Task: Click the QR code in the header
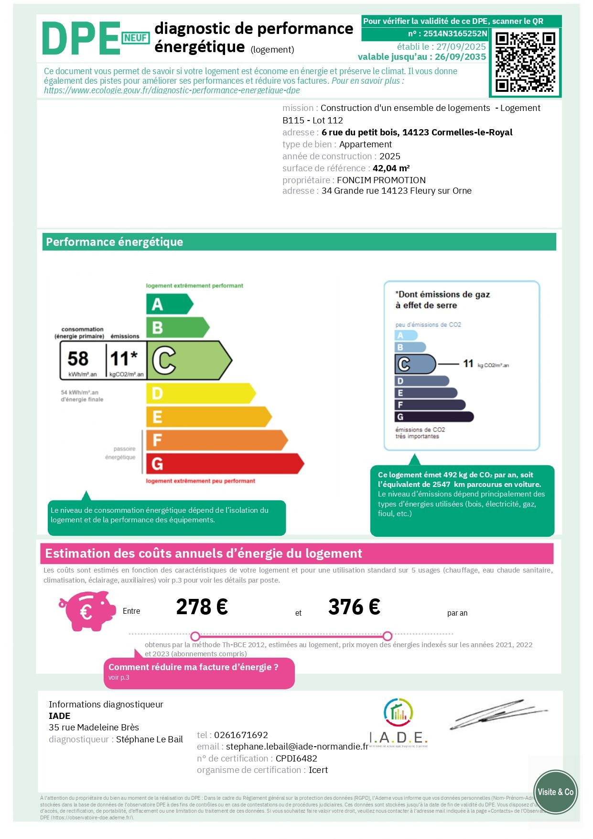click(x=525, y=62)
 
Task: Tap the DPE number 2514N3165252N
click(x=455, y=33)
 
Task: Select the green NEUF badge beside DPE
click(x=136, y=38)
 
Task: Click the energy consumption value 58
click(x=78, y=358)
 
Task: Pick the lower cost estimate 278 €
click(x=202, y=607)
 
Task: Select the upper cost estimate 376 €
click(x=354, y=607)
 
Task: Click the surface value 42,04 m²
click(x=391, y=168)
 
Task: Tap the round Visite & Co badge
click(x=555, y=792)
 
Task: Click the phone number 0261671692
click(x=241, y=735)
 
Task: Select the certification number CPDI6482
click(x=296, y=759)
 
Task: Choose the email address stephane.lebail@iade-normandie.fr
click(x=297, y=747)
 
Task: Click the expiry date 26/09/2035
click(x=460, y=57)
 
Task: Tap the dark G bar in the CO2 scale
click(x=434, y=417)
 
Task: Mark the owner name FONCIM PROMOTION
click(x=381, y=180)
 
